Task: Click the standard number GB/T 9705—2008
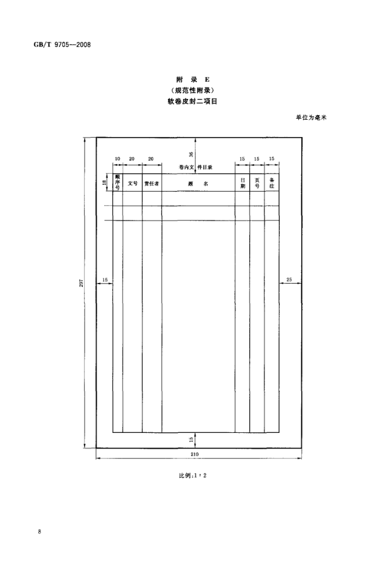62,45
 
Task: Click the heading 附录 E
193,80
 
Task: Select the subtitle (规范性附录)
193,90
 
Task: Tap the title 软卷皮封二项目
192,101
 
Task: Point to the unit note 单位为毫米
311,117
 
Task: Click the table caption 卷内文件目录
195,167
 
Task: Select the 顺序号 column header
118,183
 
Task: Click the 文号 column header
133,183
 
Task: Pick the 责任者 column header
152,183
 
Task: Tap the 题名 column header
198,183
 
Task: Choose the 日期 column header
243,183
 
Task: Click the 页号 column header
257,183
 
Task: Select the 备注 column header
272,183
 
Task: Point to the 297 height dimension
81,282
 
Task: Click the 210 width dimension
195,454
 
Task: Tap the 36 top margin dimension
191,155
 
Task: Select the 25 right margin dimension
289,280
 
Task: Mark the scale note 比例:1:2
193,475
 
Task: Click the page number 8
39,532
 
